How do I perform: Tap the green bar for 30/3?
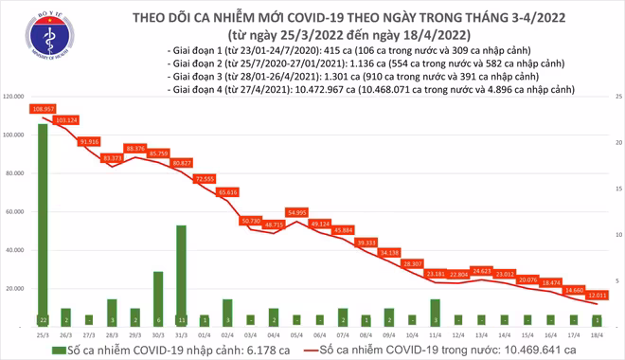pyautogui.click(x=158, y=297)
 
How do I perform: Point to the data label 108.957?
pyautogui.click(x=43, y=110)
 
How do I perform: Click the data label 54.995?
pyautogui.click(x=296, y=212)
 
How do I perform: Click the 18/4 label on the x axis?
pyautogui.click(x=596, y=334)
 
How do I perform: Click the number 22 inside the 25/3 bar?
pyautogui.click(x=43, y=319)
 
